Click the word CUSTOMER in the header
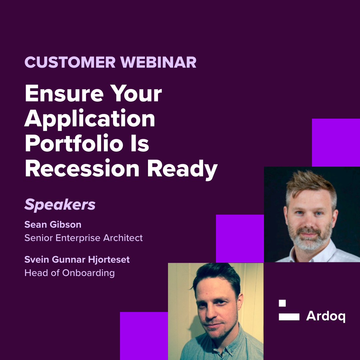(70, 62)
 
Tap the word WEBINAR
(158, 62)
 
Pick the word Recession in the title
(82, 168)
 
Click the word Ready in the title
(182, 169)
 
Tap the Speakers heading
(60, 205)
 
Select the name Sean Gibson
(53, 225)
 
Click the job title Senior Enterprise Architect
(84, 238)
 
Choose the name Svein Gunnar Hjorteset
(77, 260)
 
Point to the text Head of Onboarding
(70, 273)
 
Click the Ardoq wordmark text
(326, 316)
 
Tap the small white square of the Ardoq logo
(282, 303)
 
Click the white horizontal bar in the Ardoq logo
(289, 317)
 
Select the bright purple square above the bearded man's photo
(336, 143)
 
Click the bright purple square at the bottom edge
(144, 336)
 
